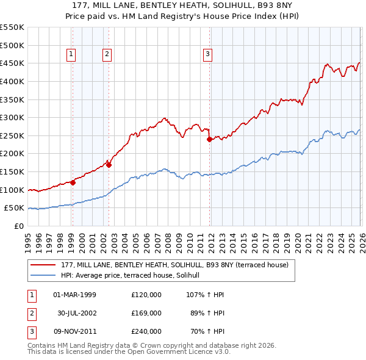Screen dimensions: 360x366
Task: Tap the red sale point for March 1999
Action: coord(73,182)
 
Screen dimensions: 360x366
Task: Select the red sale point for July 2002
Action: coord(109,164)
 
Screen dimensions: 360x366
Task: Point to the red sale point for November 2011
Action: coord(209,139)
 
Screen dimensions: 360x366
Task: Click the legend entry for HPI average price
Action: coord(135,276)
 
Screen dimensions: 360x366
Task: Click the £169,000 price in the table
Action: coord(146,313)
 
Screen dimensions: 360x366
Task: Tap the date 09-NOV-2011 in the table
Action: coord(74,331)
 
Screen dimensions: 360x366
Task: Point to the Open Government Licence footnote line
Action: coord(129,352)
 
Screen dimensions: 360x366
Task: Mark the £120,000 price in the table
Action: coord(146,295)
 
